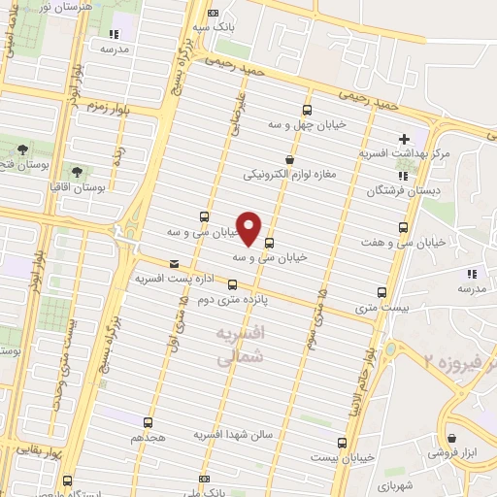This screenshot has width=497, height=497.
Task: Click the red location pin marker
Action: pos(249,227)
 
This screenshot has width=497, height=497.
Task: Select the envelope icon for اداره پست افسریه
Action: pos(174,263)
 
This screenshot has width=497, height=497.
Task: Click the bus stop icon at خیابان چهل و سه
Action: pos(308,110)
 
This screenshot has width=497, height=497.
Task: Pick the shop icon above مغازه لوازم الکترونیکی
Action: pos(288,159)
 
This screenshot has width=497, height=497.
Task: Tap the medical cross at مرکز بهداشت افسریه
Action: pos(404,139)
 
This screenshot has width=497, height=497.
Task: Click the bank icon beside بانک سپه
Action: pos(215,14)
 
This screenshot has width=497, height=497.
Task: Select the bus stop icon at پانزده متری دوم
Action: pos(232,284)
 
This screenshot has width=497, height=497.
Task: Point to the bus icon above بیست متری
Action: pos(381,291)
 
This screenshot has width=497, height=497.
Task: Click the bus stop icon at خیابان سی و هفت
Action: pos(403,227)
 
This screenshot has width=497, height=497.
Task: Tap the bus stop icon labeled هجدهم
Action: pos(148,422)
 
